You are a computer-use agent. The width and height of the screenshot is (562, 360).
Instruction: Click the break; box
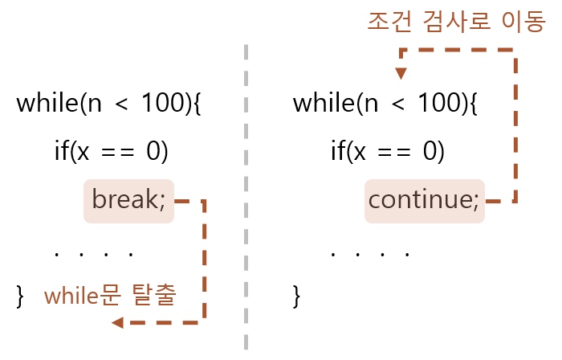point(128,201)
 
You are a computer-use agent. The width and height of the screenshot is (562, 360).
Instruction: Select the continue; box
point(424,201)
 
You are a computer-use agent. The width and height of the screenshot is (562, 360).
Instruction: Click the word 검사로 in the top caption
point(457,22)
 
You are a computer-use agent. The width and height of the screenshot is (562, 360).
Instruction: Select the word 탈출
point(153,295)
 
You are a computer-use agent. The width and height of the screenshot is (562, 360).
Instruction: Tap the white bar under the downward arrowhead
point(400,84)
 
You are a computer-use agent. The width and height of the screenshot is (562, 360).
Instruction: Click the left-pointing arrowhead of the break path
point(117,322)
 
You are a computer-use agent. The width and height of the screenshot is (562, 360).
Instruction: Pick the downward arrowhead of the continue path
point(401,73)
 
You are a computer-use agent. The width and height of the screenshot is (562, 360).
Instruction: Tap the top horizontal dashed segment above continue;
point(458,50)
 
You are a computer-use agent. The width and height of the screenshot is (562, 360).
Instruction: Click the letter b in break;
point(98,198)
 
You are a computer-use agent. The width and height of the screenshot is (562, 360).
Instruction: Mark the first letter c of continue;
point(375,200)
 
